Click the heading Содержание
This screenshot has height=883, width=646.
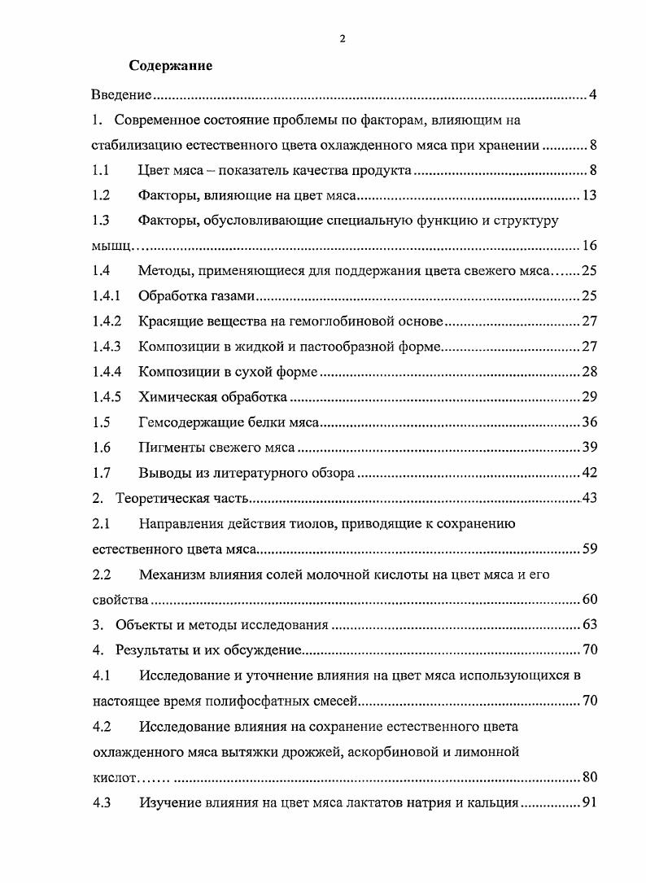tap(171, 66)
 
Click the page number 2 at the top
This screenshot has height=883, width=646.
tap(342, 38)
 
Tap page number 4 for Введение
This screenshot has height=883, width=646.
tap(593, 96)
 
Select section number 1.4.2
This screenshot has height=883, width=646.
tap(107, 321)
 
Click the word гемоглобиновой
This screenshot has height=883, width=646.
tap(320, 321)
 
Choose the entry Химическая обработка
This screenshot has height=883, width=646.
tap(212, 397)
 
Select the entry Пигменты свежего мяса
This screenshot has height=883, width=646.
tap(216, 448)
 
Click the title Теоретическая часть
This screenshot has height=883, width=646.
tap(182, 498)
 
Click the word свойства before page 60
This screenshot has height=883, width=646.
tap(119, 600)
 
